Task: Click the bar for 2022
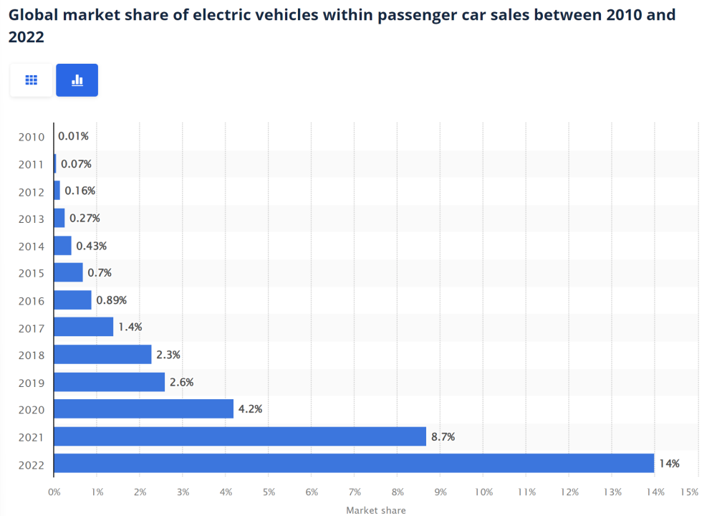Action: point(354,464)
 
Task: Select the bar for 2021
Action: point(240,436)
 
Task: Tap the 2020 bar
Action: point(143,409)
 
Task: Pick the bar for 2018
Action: point(102,355)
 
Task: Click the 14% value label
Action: point(669,464)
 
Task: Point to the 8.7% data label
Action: point(443,436)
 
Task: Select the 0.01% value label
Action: point(73,136)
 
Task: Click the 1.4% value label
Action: point(130,327)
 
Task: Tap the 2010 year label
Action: point(32,137)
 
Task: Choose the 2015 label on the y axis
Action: point(32,273)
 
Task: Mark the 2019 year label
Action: point(32,383)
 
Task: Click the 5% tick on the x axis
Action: point(269,492)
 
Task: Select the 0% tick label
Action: point(54,492)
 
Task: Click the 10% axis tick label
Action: point(483,492)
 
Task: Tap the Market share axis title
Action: point(375,510)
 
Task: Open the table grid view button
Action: point(31,80)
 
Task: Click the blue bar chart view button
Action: point(77,80)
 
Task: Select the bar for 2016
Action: point(72,300)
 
